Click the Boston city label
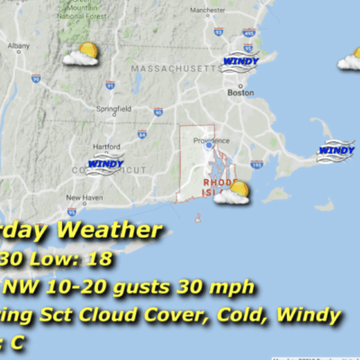point(240,93)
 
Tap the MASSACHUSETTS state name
point(175,68)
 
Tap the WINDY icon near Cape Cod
point(336,149)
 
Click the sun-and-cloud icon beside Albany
point(82,55)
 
